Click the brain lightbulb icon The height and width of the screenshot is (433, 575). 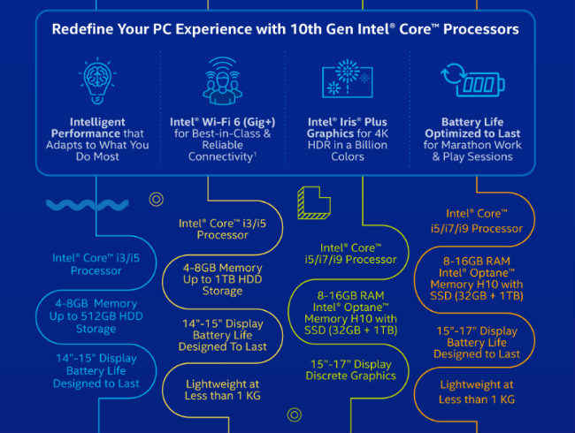(x=97, y=80)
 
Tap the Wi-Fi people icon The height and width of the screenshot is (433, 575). (x=222, y=80)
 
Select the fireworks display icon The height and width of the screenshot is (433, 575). (x=348, y=79)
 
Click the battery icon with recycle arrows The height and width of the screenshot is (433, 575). (x=472, y=80)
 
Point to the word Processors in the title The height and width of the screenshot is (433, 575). (x=481, y=29)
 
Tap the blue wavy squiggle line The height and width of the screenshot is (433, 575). (x=88, y=205)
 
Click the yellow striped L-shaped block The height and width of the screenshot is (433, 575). (x=314, y=202)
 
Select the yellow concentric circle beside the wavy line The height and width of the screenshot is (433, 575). (x=157, y=200)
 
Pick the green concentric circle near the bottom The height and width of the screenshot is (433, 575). (x=295, y=415)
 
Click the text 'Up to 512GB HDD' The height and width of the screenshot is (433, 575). (x=96, y=316)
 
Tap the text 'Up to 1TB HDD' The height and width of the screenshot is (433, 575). (x=223, y=279)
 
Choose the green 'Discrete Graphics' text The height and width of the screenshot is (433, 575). (x=351, y=376)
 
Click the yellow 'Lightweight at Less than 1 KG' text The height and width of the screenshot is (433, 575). (x=223, y=390)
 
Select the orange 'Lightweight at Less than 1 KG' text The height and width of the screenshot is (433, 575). (x=477, y=392)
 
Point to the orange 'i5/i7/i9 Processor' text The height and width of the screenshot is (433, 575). (x=477, y=229)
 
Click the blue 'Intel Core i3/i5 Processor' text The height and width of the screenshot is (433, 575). (x=96, y=264)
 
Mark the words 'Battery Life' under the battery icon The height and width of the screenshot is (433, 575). (x=472, y=122)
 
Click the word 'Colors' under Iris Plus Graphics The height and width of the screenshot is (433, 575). (x=348, y=156)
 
